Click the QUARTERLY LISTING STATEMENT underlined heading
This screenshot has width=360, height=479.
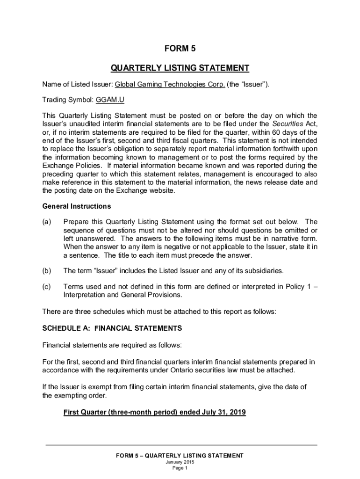(x=180, y=68)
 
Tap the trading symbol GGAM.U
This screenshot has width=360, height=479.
(x=110, y=100)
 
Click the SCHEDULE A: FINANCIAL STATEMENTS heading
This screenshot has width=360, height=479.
(x=112, y=328)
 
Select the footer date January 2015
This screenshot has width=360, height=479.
(x=180, y=462)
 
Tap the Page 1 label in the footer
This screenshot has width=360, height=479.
(x=180, y=468)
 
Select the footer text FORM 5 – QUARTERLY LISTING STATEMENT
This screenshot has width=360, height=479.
(x=180, y=456)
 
